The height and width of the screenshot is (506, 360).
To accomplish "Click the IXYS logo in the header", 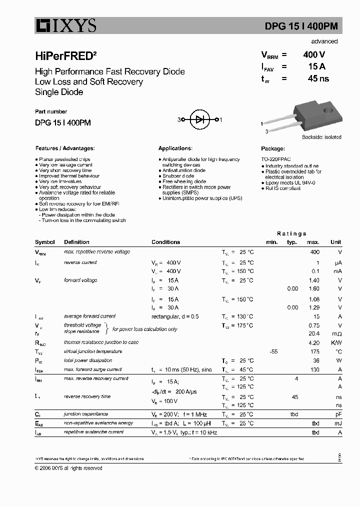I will pos(65,25).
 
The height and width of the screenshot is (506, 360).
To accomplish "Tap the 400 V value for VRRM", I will pos(314,55).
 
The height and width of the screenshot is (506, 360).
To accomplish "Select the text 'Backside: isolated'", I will pos(321,137).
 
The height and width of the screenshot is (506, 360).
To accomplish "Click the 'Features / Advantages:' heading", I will pos(64,148).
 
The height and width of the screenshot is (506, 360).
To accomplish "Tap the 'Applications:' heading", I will pos(175,148).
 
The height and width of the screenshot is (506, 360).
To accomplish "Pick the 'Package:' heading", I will pos(273,148).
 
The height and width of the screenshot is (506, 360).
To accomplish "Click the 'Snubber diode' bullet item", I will pos(178,176).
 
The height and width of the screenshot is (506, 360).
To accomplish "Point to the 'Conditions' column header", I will pos(165,242).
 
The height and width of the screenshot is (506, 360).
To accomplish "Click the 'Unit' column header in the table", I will pos(335,242).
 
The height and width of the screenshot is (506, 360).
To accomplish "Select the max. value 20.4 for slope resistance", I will pos(314,333).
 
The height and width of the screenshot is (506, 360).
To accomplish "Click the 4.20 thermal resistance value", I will pos(314,343).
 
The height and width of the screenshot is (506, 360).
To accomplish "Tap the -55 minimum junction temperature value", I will pos(273,352).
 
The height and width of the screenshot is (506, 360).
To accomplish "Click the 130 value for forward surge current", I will pos(314,369).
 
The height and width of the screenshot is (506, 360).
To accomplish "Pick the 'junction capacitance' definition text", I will pos(85,414).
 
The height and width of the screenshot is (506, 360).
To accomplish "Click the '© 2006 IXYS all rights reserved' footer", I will pos(68,468).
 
